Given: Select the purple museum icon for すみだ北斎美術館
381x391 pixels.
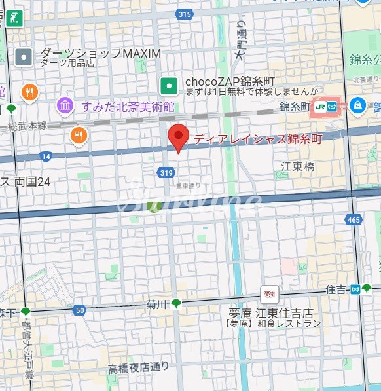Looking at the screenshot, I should pos(64,105).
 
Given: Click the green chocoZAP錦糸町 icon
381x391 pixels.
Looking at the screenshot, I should pos(170,84).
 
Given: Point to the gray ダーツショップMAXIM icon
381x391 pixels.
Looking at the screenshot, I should pos(24,57).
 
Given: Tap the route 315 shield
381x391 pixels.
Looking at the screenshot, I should pos(185,14).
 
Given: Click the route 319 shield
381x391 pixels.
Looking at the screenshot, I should pos(165,172).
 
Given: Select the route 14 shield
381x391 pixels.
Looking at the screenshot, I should pos(46,156).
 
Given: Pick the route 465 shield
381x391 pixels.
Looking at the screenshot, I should pos(354,220).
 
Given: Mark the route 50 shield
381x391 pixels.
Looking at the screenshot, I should pos(80,309).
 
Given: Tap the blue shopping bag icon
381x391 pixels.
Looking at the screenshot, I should pos(358,104).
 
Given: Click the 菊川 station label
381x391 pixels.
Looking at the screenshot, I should pos(158,304).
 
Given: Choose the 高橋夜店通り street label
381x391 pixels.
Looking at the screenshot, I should pos(138,367).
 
